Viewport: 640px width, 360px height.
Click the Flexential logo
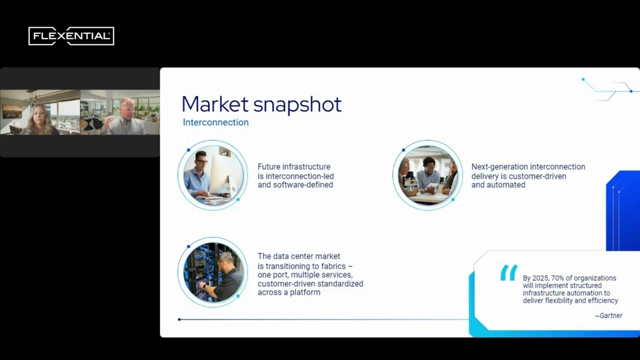point(71,36)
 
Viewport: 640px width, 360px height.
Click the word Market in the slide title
point(215,104)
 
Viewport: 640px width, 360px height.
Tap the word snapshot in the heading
point(297,105)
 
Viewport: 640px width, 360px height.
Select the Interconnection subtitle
point(215,122)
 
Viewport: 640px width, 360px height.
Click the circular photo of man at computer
point(213,175)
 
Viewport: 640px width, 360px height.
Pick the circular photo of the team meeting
point(427,175)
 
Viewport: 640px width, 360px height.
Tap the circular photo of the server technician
point(213,272)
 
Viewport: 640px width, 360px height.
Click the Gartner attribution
point(608,315)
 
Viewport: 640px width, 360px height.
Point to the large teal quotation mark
point(509,272)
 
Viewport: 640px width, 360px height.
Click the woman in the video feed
point(41,120)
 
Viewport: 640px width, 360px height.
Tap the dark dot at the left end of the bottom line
point(179,319)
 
